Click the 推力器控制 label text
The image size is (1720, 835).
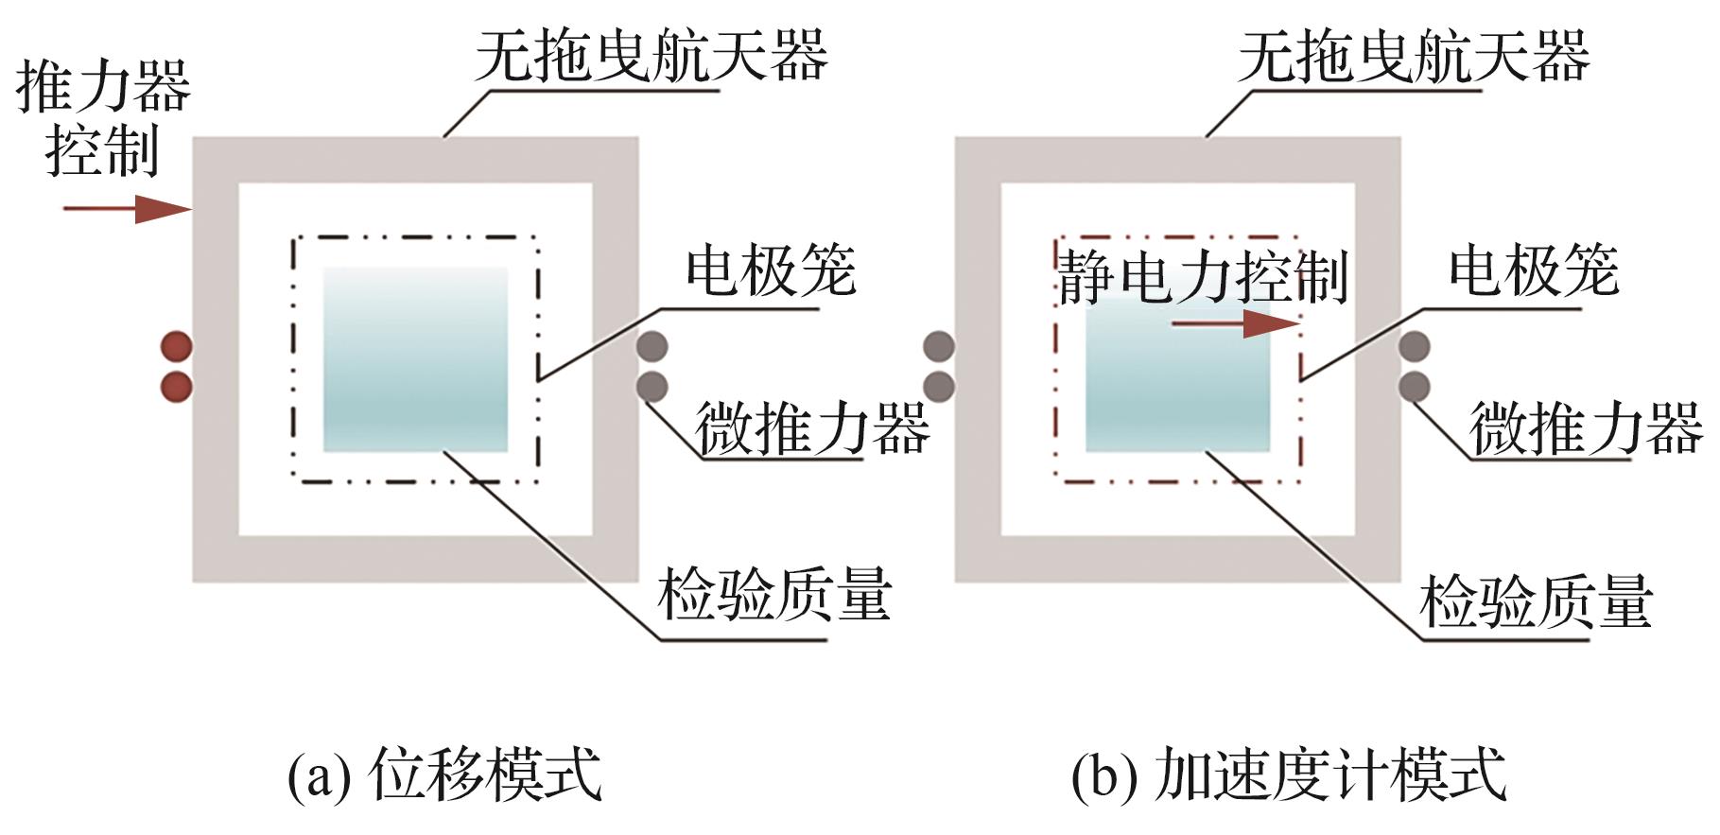(x=102, y=117)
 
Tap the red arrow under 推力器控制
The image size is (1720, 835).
(x=127, y=208)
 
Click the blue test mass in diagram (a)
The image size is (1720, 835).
(x=415, y=359)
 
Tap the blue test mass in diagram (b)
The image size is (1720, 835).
(x=1177, y=378)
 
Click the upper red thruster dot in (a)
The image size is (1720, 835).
(x=177, y=346)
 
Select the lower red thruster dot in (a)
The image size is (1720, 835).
(x=177, y=387)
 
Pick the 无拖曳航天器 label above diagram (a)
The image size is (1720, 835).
(x=651, y=57)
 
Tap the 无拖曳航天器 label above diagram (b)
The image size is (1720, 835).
(x=1414, y=57)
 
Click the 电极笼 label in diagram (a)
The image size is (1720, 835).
(x=771, y=271)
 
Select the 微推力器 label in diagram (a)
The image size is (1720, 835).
(x=812, y=427)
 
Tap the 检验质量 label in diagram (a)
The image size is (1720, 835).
(x=774, y=596)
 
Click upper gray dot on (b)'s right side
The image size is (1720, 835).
(x=1414, y=346)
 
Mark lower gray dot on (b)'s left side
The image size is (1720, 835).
(x=939, y=387)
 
